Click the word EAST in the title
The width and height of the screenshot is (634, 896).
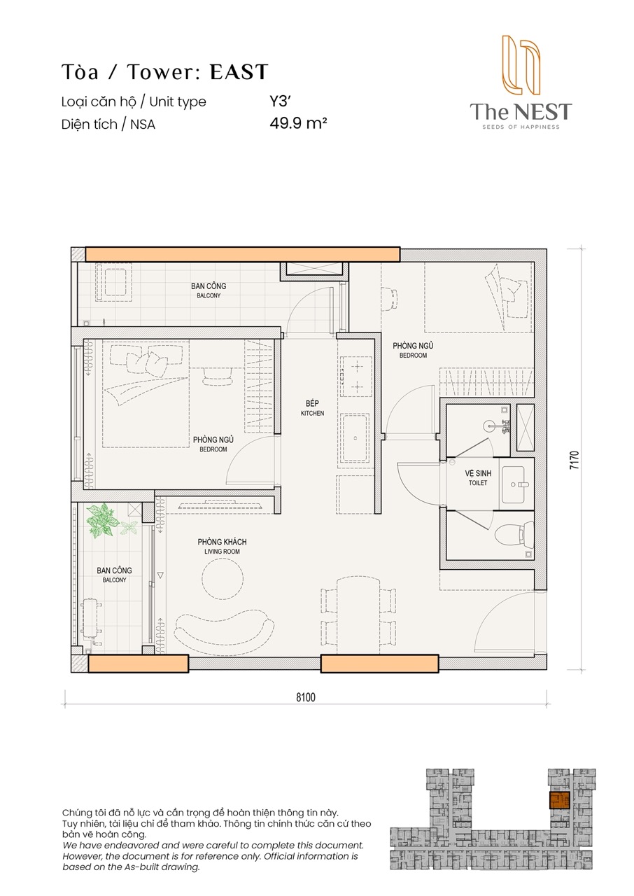[x=239, y=72]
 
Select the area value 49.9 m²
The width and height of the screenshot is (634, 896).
[x=298, y=123]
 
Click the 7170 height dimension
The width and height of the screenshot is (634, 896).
[x=574, y=460]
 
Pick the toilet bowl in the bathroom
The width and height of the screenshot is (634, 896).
[x=514, y=535]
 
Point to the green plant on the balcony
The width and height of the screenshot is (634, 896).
[x=104, y=520]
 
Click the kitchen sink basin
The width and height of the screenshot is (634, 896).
[x=355, y=438]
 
